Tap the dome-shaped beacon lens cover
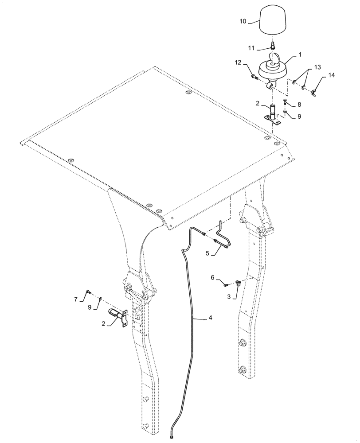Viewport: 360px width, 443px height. [x=273, y=20]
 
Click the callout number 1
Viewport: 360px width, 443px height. [x=300, y=54]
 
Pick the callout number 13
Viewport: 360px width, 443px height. [x=317, y=67]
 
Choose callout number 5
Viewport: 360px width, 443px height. [x=207, y=254]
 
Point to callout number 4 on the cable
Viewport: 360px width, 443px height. [x=211, y=318]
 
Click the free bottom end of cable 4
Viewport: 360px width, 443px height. [x=171, y=438]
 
